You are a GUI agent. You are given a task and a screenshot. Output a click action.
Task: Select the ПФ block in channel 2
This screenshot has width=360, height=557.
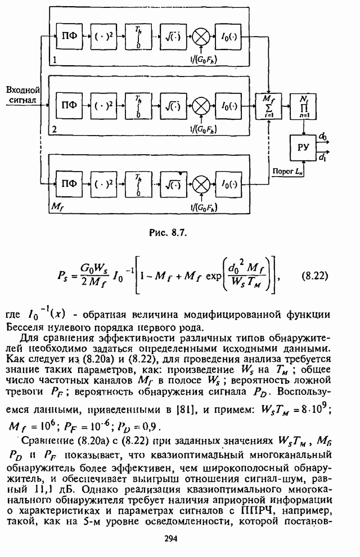tap(69, 105)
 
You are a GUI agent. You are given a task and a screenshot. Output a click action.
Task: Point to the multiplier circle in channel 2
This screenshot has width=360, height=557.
tap(200, 105)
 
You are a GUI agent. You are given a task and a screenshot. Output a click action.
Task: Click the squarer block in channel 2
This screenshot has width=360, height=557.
tap(102, 105)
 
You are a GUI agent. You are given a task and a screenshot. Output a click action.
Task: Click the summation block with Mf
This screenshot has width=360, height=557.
tap(268, 105)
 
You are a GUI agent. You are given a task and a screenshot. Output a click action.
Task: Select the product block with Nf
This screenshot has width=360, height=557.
tap(304, 105)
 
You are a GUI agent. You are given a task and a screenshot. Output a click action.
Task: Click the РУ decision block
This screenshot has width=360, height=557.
tap(304, 147)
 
